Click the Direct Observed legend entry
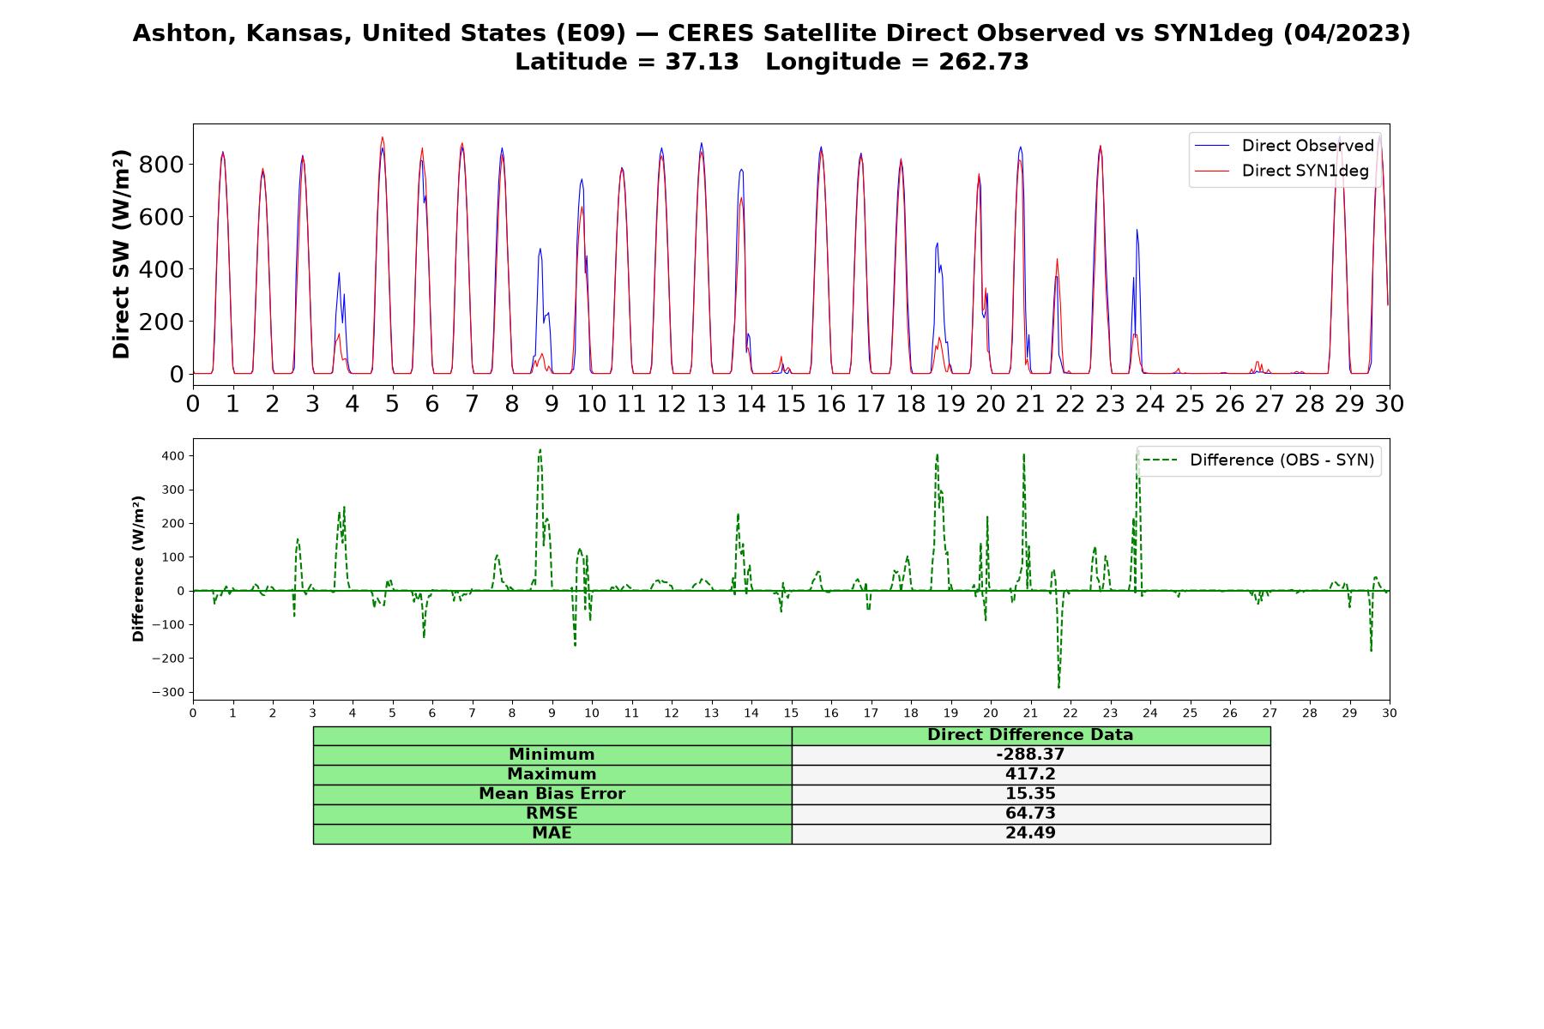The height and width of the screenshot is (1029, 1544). (1284, 146)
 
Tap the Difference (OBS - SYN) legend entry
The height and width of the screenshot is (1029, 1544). (1258, 460)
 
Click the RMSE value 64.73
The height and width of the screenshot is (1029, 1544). (1030, 814)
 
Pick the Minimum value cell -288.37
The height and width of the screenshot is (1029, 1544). (1030, 755)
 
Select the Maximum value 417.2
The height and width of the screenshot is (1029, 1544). (1030, 774)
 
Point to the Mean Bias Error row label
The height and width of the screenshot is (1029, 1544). (552, 794)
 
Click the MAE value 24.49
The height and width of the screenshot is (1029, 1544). (1030, 833)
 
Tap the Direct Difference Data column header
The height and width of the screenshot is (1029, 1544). (1030, 735)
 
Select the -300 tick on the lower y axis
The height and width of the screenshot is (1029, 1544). (168, 692)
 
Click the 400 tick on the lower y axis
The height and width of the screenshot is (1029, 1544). (172, 455)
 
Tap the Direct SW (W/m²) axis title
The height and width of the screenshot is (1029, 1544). (122, 255)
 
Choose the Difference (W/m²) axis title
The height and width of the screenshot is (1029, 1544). (138, 569)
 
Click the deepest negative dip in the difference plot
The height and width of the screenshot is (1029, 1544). (1058, 687)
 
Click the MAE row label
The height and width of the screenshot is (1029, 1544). (552, 833)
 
